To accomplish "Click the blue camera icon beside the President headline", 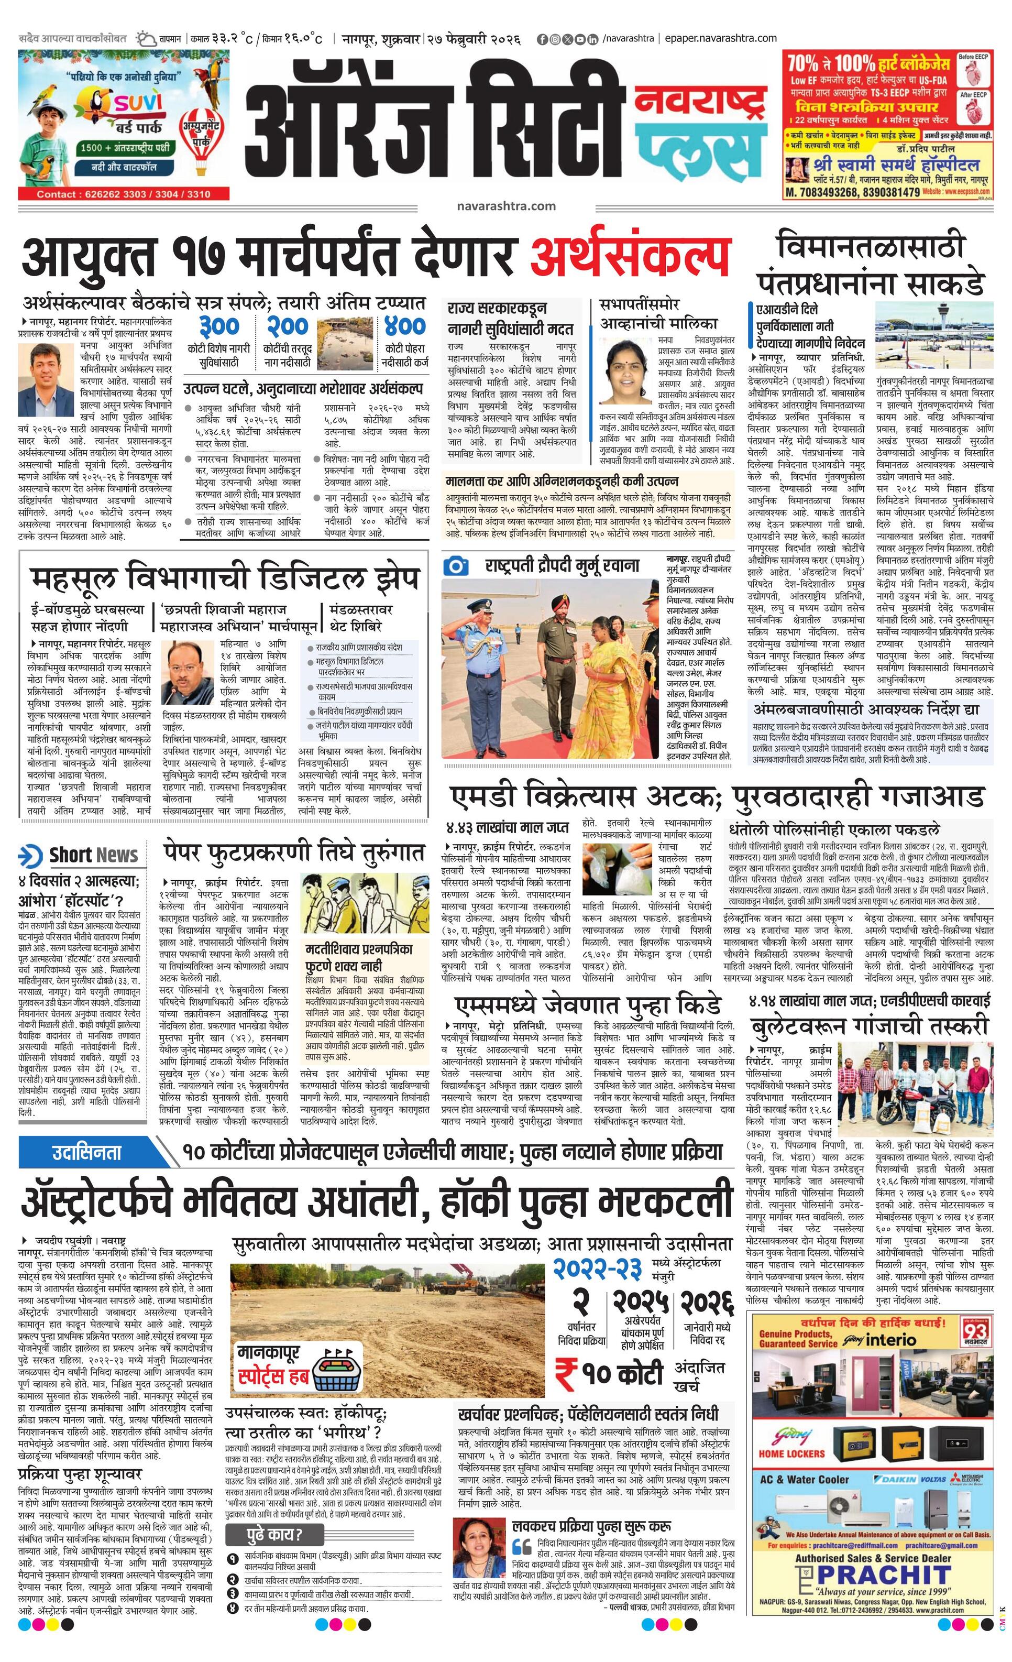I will click(x=456, y=565).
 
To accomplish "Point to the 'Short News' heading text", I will click(x=94, y=855).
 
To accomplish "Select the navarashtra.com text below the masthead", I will click(x=505, y=206).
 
